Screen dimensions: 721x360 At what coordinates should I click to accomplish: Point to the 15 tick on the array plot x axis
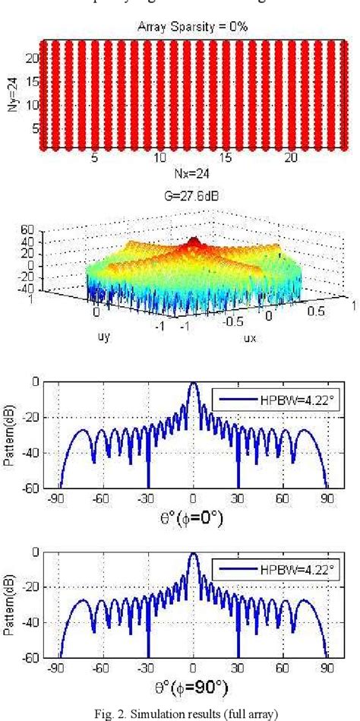[x=226, y=160]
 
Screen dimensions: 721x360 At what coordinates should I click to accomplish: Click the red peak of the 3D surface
[x=194, y=243]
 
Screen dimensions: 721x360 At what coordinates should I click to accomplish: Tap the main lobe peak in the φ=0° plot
[x=193, y=384]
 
